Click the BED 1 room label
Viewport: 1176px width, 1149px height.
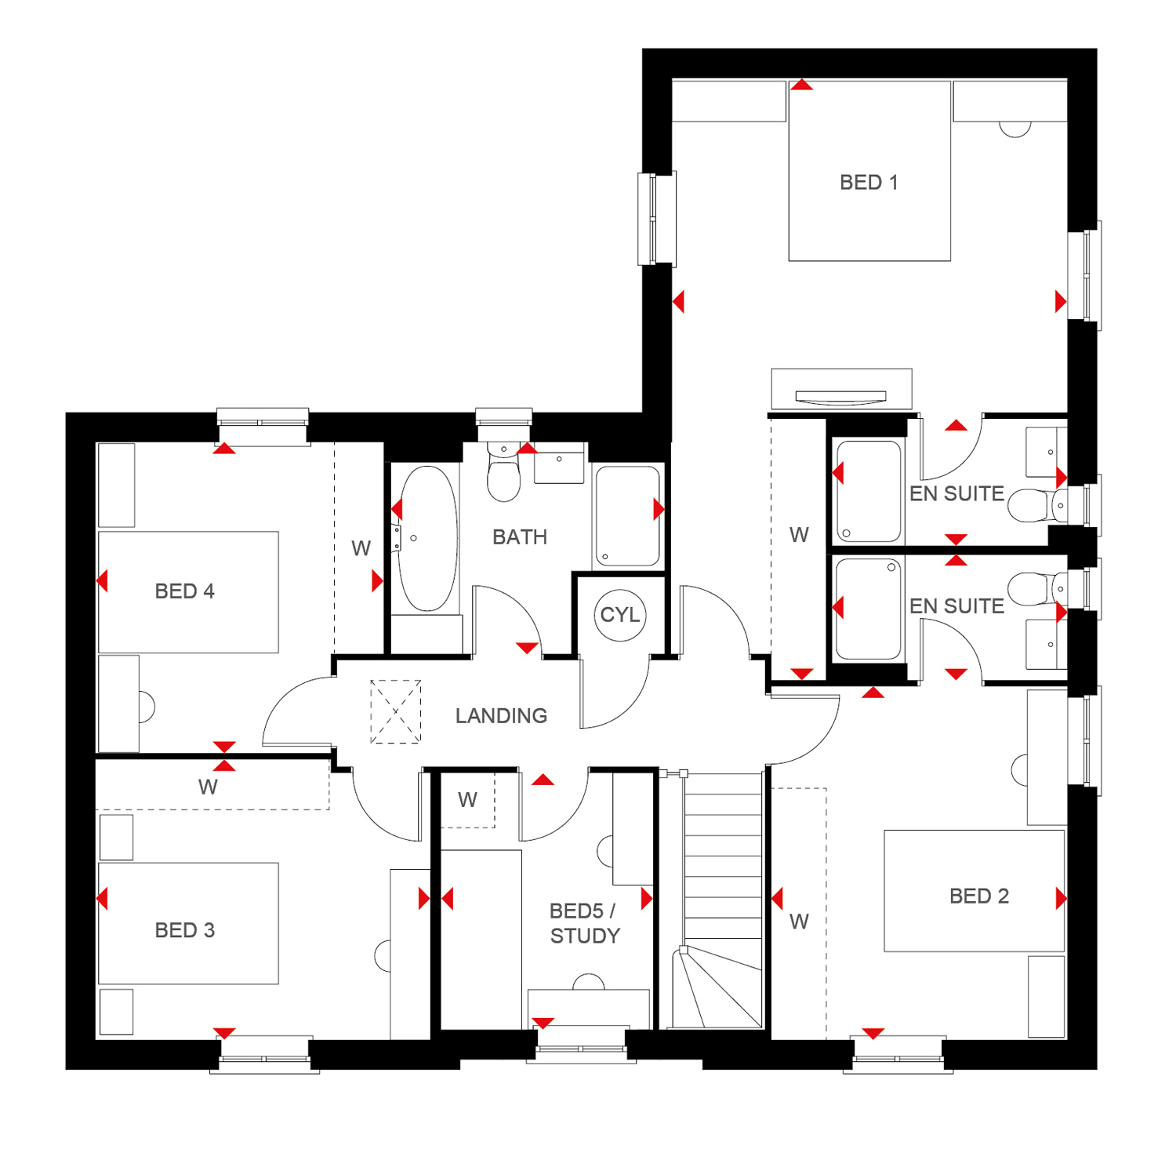[x=869, y=183]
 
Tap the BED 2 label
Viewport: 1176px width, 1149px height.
[x=979, y=896]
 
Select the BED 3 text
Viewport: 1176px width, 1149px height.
[x=185, y=930]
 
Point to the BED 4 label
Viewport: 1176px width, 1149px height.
[x=185, y=591]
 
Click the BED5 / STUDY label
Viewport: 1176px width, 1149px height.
[x=585, y=923]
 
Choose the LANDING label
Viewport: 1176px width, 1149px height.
[x=502, y=716]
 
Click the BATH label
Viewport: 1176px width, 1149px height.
[x=520, y=537]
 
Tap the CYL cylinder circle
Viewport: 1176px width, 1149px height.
[x=620, y=615]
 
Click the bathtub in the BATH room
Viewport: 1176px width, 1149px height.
[x=427, y=539]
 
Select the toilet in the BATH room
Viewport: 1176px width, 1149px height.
[x=503, y=471]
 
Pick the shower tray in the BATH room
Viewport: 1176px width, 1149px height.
[x=627, y=516]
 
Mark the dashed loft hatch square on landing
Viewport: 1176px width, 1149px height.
[x=396, y=711]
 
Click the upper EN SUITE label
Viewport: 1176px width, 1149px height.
[x=956, y=494]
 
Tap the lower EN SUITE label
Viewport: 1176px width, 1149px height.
[x=956, y=606]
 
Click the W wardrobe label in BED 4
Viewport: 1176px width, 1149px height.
[x=361, y=549]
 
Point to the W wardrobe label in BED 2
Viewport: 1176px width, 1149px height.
[x=799, y=922]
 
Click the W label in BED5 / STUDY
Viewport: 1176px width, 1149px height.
[x=468, y=800]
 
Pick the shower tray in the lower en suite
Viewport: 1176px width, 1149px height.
[x=869, y=609]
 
